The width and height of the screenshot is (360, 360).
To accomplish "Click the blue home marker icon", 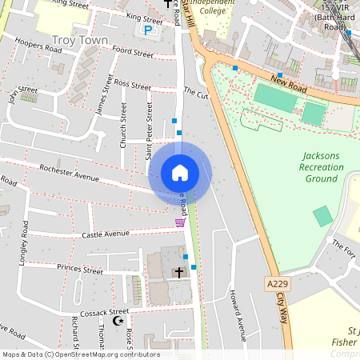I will [180, 173].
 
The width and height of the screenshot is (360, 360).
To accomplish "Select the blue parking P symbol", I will [147, 30].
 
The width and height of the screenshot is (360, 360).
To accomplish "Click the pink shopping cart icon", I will [179, 222].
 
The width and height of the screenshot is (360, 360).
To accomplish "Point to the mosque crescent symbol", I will [119, 321].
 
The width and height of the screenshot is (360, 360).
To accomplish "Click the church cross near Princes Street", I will [178, 273].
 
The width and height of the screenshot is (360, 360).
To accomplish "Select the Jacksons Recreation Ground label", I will [321, 167].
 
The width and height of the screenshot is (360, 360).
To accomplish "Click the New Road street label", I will [289, 80].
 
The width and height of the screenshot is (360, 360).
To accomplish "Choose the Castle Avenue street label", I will [105, 234].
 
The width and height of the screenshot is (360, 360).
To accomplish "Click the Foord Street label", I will [132, 52].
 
